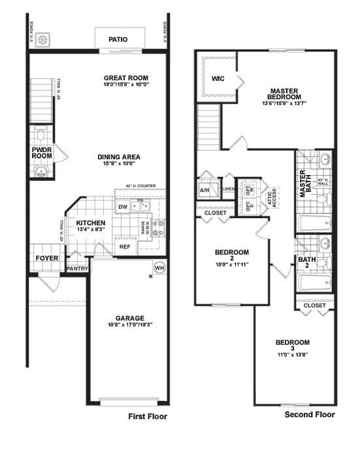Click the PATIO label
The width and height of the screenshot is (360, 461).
point(118,39)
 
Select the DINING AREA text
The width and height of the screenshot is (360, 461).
point(119,157)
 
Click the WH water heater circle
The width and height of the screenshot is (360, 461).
point(159,267)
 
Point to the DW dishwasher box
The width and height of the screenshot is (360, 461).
point(123,208)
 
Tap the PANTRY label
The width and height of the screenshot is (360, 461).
point(77,268)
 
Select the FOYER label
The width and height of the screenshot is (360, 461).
point(47,259)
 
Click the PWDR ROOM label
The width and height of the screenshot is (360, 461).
point(41,153)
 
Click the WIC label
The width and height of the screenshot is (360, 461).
point(218,79)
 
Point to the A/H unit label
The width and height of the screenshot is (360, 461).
point(205,191)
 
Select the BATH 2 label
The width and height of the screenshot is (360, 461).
point(307,262)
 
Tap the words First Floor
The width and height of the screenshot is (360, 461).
point(148,417)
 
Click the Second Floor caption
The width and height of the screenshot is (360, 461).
point(310,415)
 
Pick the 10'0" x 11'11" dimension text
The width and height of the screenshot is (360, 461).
point(232,265)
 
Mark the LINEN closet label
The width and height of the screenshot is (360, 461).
point(228,189)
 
